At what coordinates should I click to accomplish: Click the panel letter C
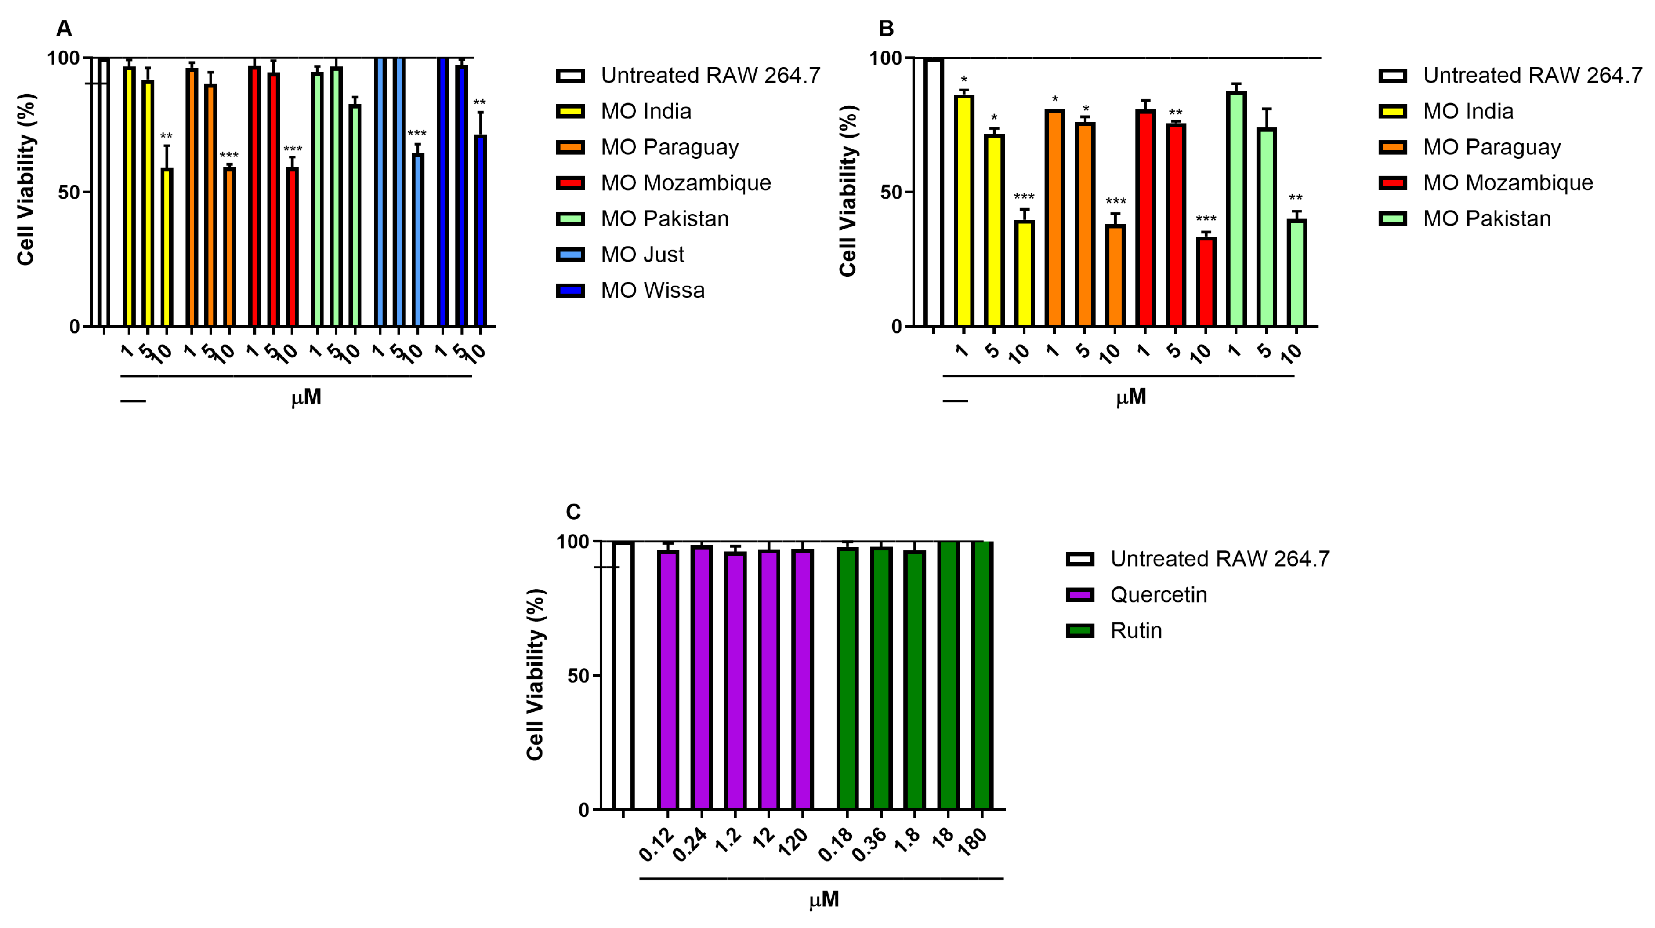point(572,512)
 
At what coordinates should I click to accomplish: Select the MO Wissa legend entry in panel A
point(652,291)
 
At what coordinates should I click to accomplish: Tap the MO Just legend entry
point(642,255)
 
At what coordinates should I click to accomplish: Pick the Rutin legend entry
point(1135,630)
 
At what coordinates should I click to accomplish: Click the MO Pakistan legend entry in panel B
point(1486,218)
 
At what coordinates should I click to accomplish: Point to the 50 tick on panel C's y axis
point(578,675)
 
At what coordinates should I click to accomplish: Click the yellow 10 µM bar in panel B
point(1024,273)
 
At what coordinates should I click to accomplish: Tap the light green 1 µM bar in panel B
point(1236,209)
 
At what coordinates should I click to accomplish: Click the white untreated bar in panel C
point(623,675)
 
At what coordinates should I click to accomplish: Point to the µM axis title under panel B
point(1131,397)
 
